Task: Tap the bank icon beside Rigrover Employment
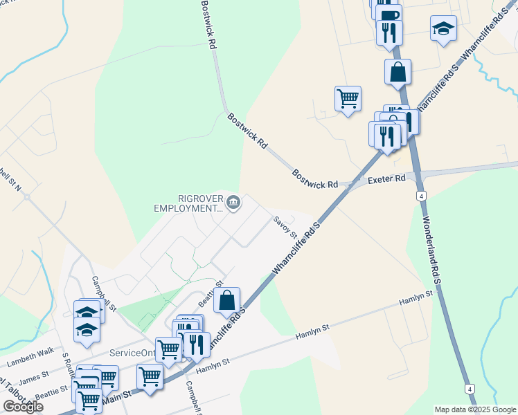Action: coord(233,203)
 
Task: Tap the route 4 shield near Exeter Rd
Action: coord(421,196)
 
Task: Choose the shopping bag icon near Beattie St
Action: coord(226,301)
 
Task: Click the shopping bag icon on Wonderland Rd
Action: coord(398,72)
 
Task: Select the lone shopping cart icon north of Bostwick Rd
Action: coord(347,98)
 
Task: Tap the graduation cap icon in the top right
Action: coord(443,29)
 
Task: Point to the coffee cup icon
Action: coord(389,15)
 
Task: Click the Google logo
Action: coord(23,407)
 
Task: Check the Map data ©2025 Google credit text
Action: coord(476,409)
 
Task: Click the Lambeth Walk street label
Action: coord(30,357)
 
